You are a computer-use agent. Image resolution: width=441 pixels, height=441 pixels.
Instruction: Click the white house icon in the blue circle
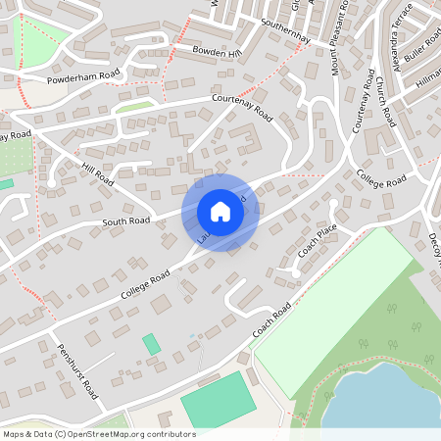coord(220,211)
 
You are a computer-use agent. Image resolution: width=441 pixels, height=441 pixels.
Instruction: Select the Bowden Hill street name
coord(216,52)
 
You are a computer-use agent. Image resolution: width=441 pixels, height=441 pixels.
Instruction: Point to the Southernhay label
coord(285,30)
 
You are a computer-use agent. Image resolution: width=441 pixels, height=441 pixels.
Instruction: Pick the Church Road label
coord(384,102)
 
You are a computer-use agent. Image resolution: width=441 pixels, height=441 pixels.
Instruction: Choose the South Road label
coord(126,221)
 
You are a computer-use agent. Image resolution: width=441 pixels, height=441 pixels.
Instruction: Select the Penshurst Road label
coord(78,370)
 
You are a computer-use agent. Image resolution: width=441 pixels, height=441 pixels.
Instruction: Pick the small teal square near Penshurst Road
coord(152,344)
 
